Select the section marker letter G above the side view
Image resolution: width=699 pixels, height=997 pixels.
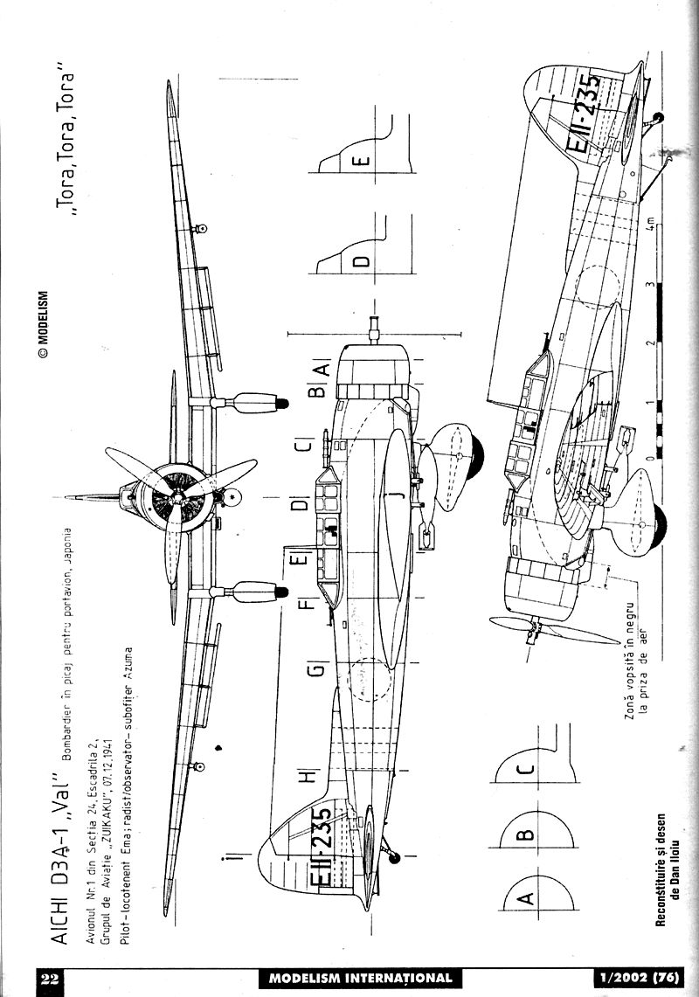click(316, 671)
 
